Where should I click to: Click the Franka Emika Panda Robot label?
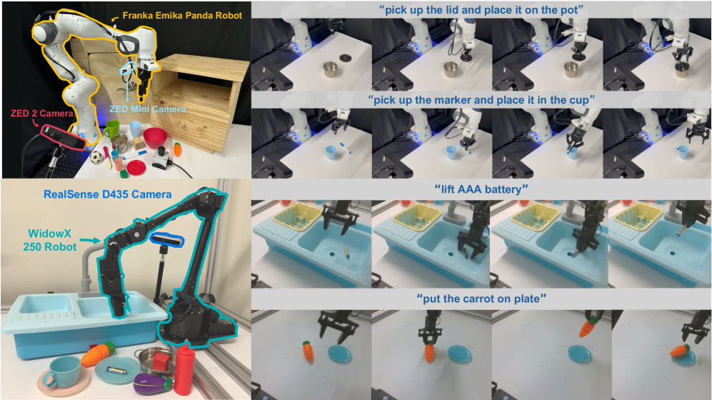182,16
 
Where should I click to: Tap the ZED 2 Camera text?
41,113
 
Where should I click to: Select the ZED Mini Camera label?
148,109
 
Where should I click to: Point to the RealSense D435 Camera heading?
108,194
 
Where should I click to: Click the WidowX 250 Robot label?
49,240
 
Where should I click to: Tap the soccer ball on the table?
96,158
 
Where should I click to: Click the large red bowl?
155,138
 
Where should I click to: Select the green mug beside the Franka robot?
111,129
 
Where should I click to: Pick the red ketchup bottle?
184,369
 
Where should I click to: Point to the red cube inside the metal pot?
161,362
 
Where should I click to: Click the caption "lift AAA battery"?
481,189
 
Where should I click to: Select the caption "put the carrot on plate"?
481,299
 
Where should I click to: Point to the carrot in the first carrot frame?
309,351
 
